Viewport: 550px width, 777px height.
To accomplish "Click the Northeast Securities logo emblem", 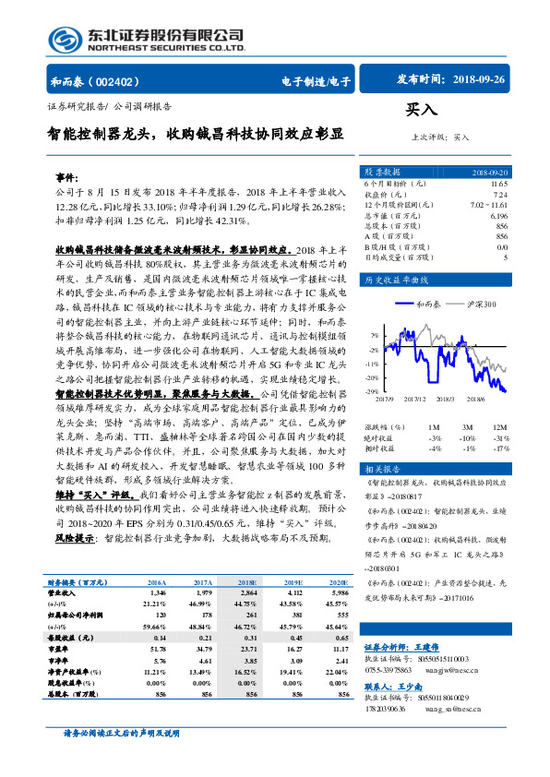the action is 65,39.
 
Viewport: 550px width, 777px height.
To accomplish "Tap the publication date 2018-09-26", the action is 480,80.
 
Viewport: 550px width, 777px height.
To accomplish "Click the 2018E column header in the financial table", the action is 246,583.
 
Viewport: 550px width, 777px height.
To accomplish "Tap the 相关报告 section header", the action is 382,469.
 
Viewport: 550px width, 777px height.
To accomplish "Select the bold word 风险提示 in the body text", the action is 77,536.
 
